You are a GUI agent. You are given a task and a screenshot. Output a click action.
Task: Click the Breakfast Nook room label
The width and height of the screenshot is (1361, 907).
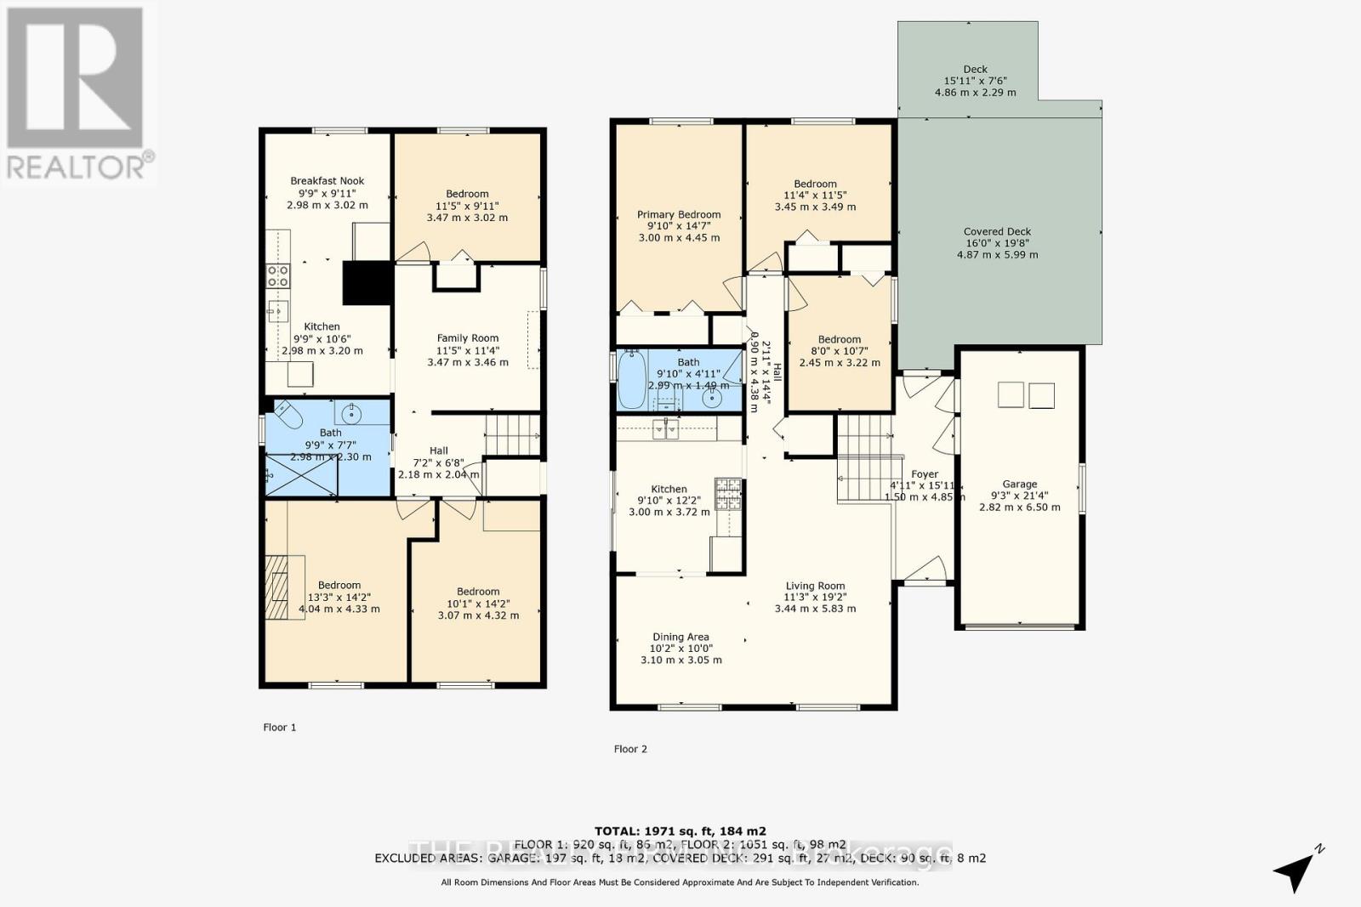tap(327, 181)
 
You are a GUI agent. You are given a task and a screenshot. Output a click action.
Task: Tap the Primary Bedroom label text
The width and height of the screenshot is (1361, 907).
tap(679, 215)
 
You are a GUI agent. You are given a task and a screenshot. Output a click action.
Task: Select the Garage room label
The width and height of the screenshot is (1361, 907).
tap(1019, 485)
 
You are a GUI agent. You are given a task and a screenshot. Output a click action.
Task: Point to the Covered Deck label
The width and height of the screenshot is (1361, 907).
tap(997, 231)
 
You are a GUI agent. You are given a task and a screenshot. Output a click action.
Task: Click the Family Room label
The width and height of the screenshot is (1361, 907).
tap(468, 338)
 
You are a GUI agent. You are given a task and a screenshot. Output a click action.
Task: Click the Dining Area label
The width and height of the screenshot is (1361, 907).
tap(680, 637)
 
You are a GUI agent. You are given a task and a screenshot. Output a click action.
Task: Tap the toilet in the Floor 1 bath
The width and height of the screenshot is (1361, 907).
tap(288, 416)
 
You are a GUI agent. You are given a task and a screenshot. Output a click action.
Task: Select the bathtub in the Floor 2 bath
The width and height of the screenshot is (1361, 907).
tap(631, 380)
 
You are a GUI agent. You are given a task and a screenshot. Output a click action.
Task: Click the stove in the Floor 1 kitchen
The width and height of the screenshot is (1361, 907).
tap(278, 275)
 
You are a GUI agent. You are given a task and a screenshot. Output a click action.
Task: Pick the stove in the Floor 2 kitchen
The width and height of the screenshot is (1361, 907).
tap(728, 494)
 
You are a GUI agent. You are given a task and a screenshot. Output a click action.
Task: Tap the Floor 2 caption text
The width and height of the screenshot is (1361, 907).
tap(630, 749)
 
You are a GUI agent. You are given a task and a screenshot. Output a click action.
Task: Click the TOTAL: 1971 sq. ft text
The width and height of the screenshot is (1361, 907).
tap(680, 830)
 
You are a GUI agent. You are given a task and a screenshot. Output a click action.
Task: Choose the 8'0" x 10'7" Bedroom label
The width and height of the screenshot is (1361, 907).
tap(840, 339)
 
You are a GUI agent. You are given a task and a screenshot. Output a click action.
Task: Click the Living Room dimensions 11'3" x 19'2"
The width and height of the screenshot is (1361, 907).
tap(815, 597)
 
